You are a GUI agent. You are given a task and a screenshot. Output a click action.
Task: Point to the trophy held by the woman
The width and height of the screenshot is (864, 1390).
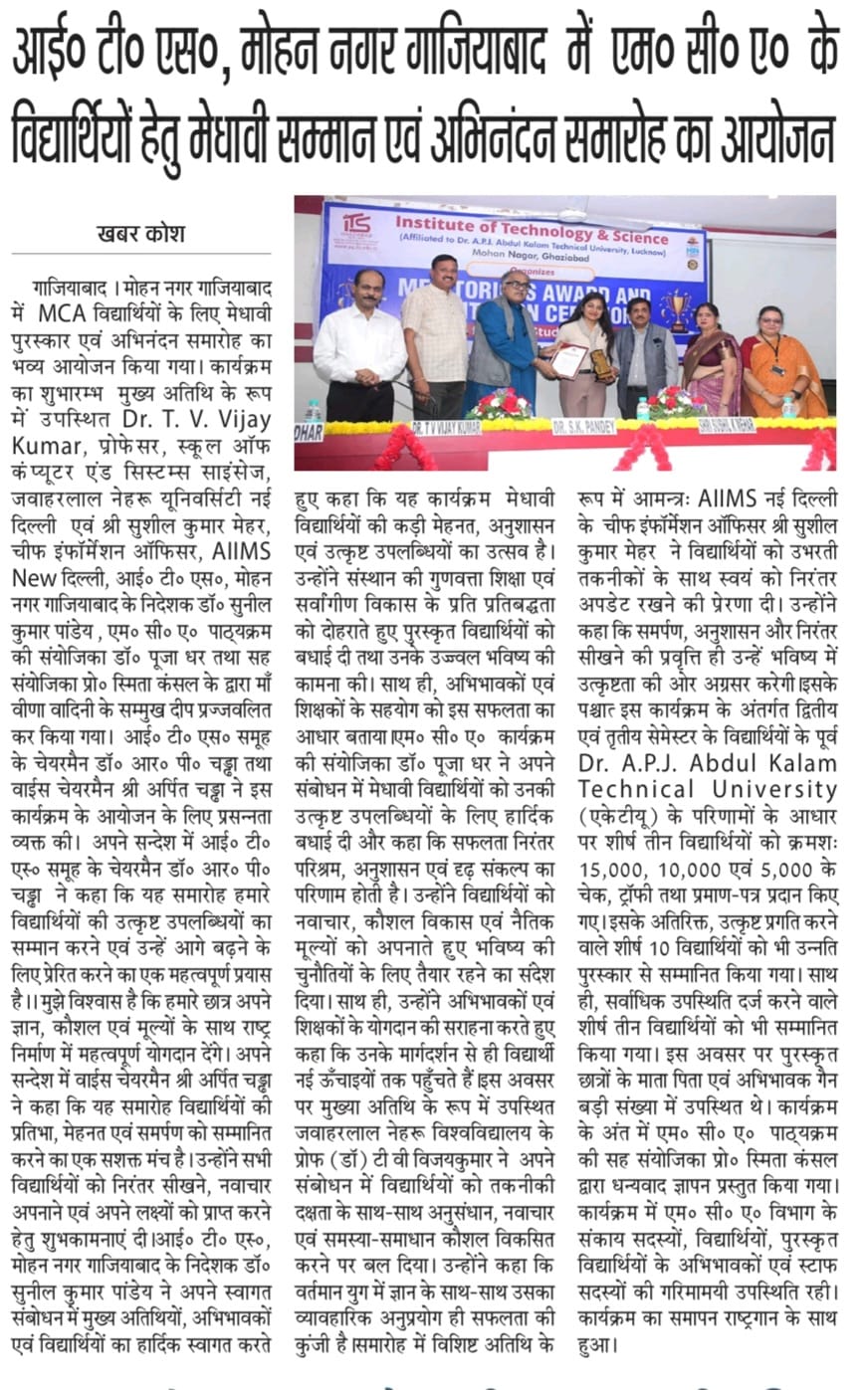point(600,364)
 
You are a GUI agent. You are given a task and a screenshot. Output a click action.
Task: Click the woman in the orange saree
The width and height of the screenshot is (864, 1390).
point(783,364)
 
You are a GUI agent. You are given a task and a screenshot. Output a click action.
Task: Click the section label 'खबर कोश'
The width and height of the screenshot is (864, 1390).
point(140,235)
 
